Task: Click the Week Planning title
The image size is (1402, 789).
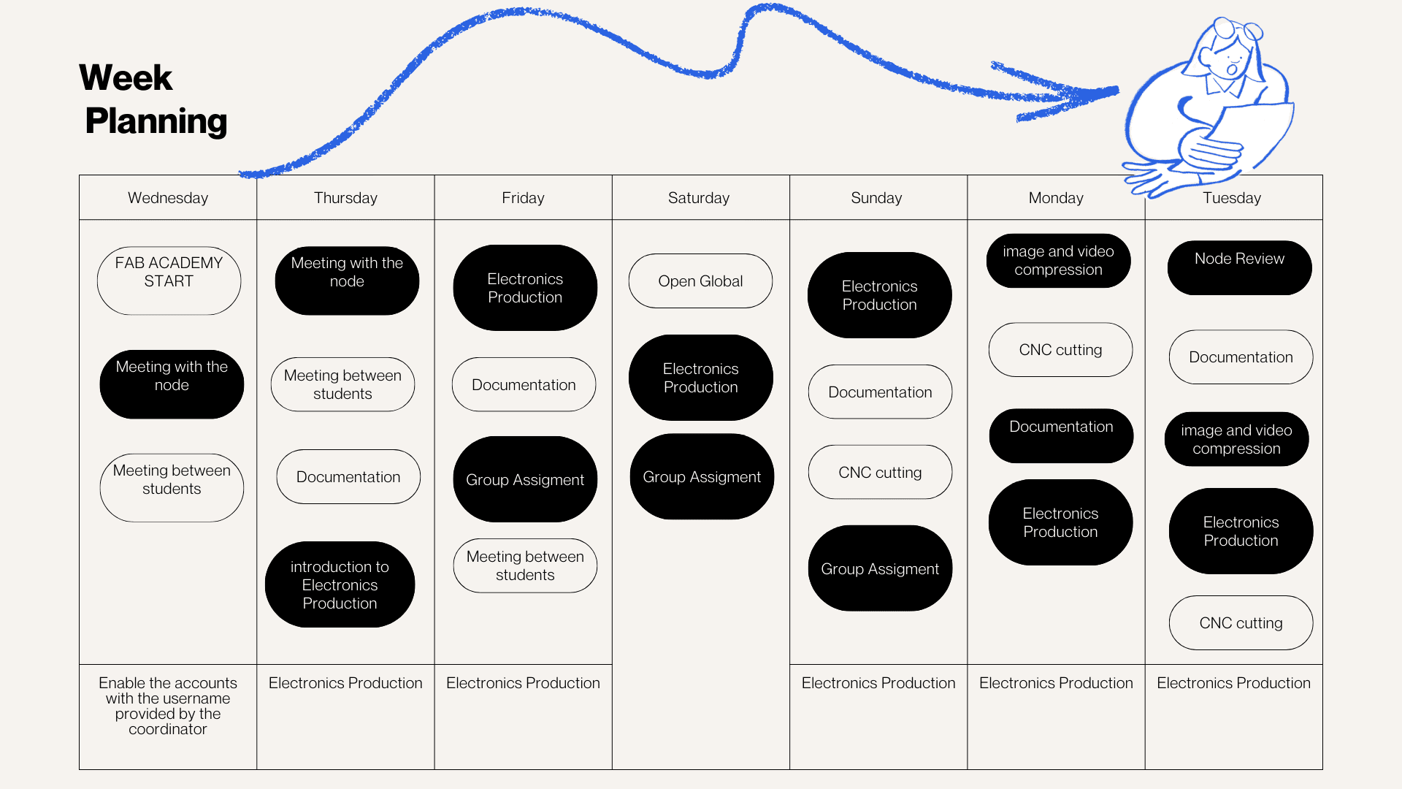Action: [x=153, y=99]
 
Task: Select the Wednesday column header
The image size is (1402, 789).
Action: [x=168, y=198]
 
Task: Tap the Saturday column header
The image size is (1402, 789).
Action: [x=699, y=198]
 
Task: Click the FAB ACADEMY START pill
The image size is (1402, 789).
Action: [x=169, y=281]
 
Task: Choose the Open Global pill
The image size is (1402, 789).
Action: [x=700, y=281]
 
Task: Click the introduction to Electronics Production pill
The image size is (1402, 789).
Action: [x=340, y=584]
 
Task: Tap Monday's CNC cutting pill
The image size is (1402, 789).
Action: [x=1060, y=350]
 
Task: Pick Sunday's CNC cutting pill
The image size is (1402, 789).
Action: [x=880, y=473]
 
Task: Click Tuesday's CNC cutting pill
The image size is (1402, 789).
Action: [x=1241, y=623]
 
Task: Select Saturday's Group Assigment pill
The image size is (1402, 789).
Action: [x=702, y=477]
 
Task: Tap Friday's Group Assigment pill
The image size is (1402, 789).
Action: [x=525, y=479]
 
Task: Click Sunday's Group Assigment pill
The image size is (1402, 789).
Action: [x=880, y=568]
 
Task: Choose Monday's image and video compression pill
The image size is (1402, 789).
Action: [x=1058, y=261]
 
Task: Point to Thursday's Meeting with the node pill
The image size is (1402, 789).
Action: [x=347, y=281]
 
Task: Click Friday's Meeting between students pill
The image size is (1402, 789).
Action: [x=525, y=565]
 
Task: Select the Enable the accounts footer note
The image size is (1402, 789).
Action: [x=168, y=706]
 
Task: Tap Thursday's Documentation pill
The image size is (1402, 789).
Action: [x=348, y=477]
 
